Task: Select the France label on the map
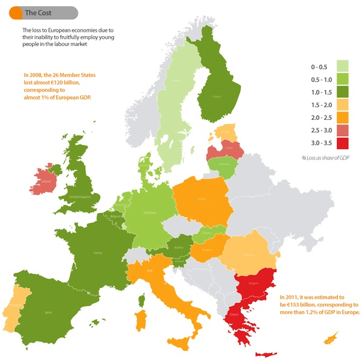coord(95,255)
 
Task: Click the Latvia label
coord(229,145)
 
